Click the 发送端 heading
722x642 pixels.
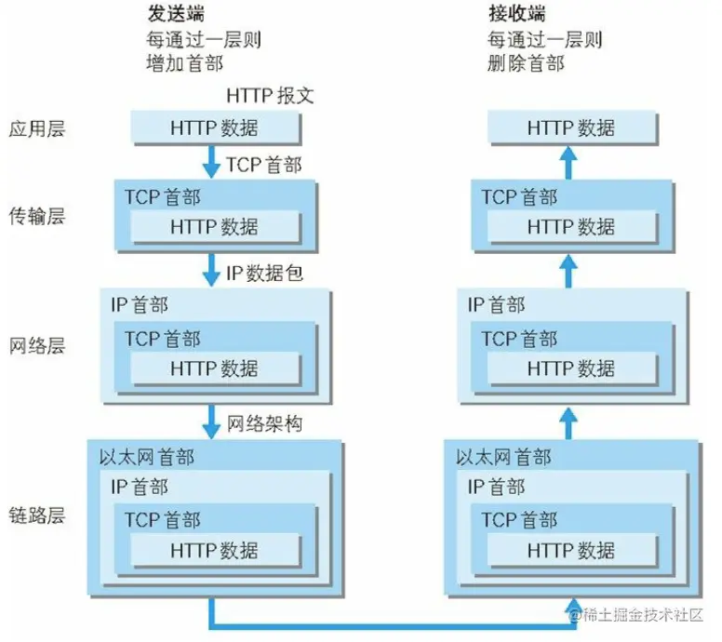click(176, 15)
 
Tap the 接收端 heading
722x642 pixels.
click(516, 15)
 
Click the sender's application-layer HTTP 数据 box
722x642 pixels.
click(214, 128)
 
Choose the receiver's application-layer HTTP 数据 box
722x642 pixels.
click(570, 128)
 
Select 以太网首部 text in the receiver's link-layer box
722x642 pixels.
click(503, 458)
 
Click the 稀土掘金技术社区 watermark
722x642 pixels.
click(641, 615)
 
